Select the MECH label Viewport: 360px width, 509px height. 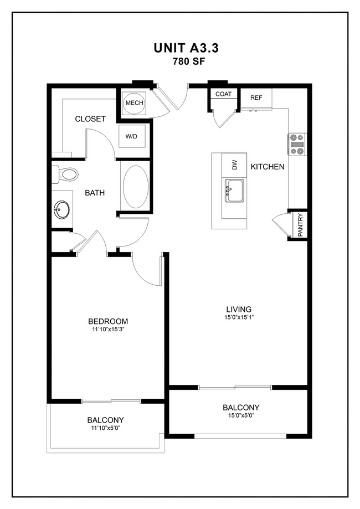(x=134, y=103)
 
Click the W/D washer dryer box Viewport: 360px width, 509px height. (x=132, y=136)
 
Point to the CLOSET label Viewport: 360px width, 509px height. (x=90, y=119)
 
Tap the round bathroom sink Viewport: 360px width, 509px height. (x=61, y=210)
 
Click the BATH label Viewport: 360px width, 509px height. (x=95, y=193)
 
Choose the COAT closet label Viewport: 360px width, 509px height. (x=223, y=94)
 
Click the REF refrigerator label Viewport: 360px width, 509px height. (x=256, y=97)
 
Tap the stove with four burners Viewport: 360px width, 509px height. (x=296, y=144)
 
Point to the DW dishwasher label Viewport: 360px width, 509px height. (x=234, y=164)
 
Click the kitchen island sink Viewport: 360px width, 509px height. (x=234, y=192)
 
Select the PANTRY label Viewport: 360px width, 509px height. (x=300, y=225)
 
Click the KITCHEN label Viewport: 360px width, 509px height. (x=268, y=167)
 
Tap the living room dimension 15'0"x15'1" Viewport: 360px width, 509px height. (x=239, y=317)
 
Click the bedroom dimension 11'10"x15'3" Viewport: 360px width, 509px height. (x=108, y=330)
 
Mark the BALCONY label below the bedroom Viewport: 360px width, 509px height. (x=105, y=420)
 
